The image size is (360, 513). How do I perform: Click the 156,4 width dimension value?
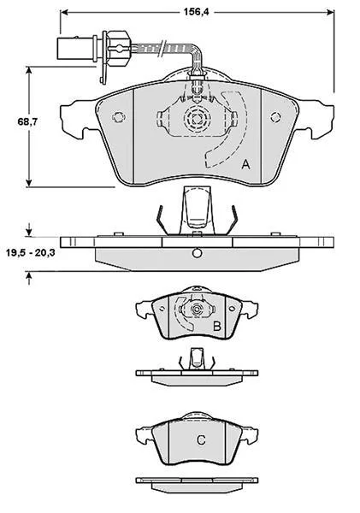click(196, 12)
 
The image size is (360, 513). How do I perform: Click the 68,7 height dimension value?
click(27, 121)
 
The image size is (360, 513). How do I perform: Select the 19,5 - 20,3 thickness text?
click(31, 252)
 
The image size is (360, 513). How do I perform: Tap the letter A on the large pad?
click(245, 164)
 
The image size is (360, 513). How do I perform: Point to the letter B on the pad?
click(217, 327)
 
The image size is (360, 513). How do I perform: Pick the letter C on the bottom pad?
click(201, 439)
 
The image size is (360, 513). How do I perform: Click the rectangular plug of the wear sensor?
click(77, 49)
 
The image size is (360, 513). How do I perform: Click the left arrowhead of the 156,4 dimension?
click(64, 12)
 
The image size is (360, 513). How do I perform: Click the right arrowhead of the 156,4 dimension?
click(331, 12)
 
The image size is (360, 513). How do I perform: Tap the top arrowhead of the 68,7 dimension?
click(29, 71)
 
